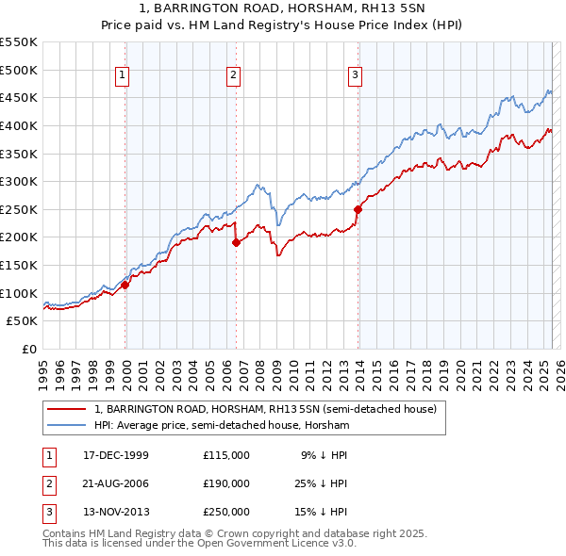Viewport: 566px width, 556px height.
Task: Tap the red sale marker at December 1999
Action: pos(125,284)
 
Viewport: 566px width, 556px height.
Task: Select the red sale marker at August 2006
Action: pos(236,242)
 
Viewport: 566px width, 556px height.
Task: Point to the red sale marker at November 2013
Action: pos(358,209)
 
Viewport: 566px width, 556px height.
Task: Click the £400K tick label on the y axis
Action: pos(19,125)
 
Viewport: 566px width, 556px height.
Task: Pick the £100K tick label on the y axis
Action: pos(19,293)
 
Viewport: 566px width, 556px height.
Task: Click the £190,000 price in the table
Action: pos(225,483)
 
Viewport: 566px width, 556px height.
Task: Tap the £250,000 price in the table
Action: pos(225,512)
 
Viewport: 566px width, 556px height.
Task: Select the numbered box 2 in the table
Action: pos(46,483)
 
